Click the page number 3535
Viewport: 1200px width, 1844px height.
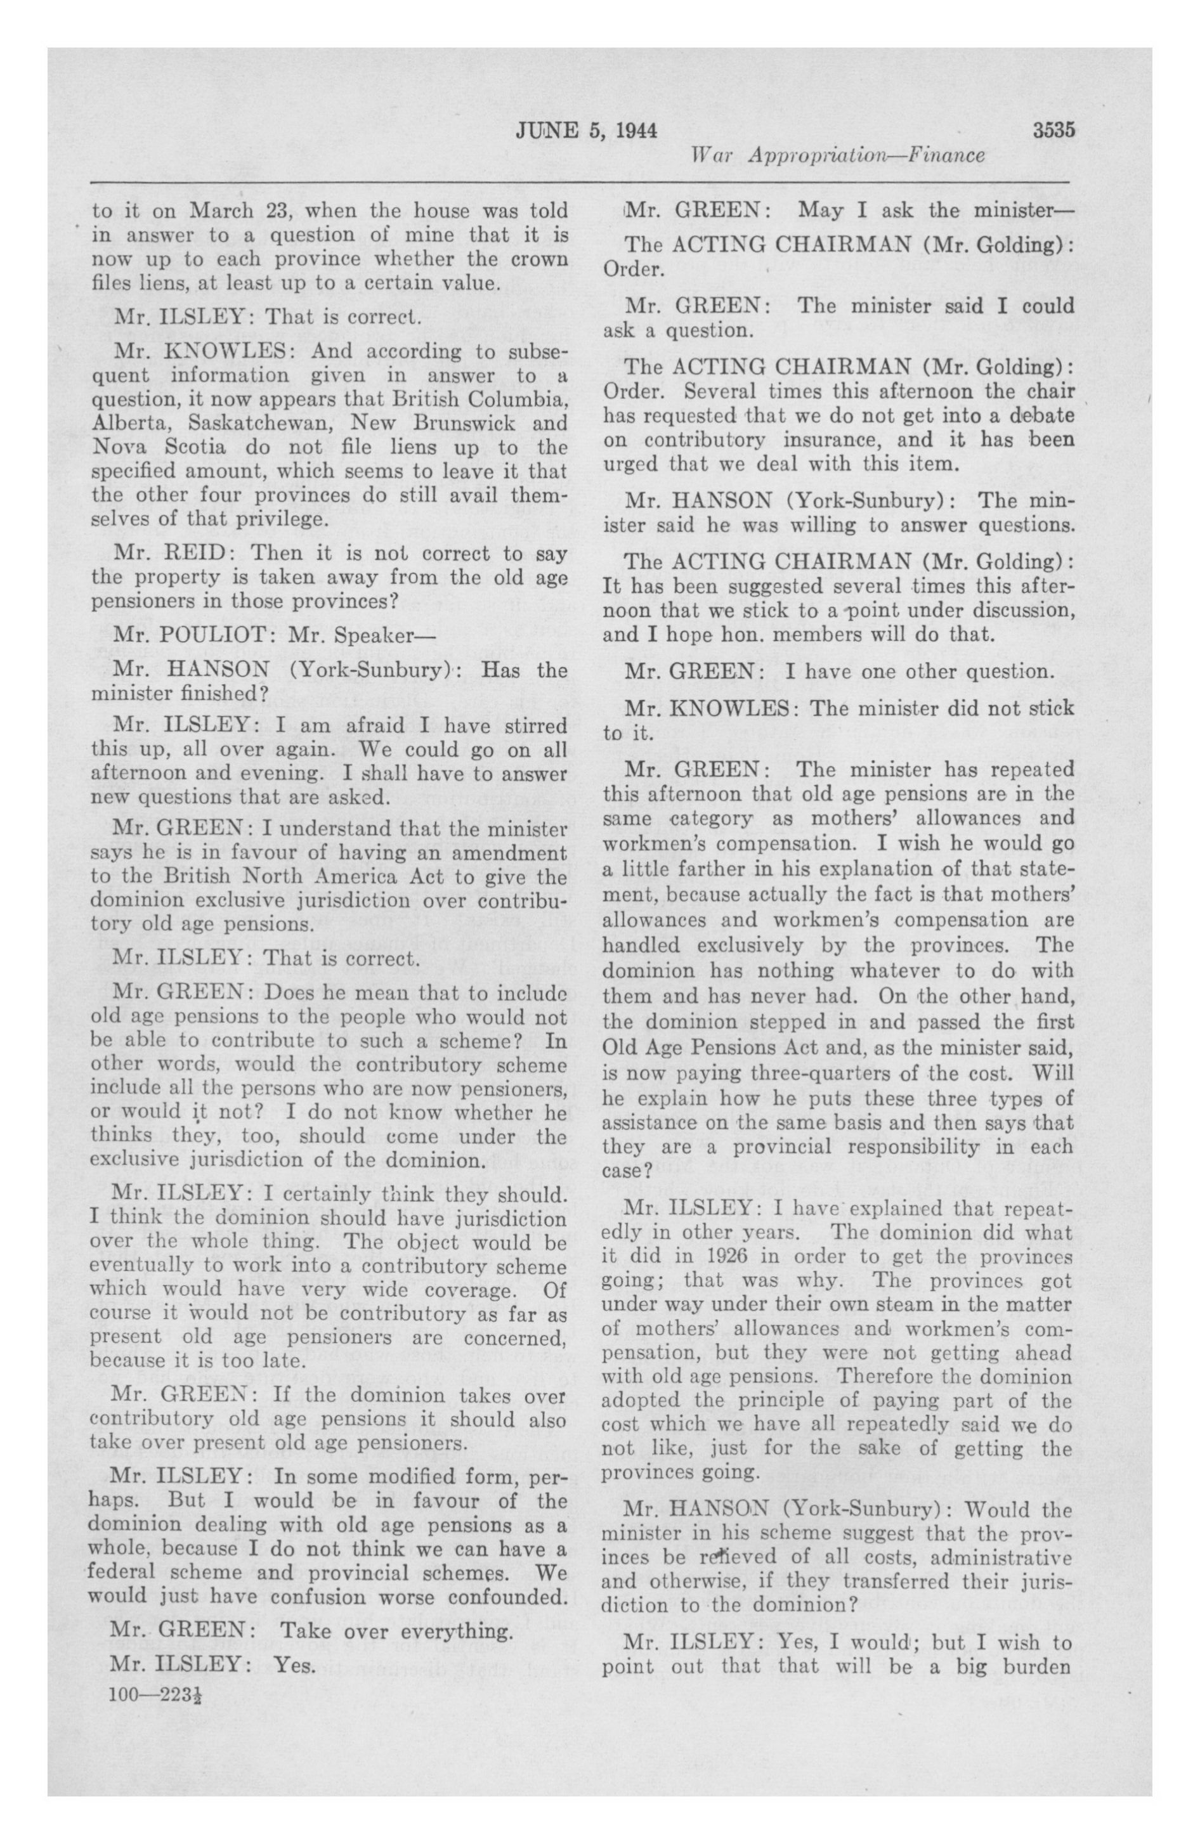(1053, 130)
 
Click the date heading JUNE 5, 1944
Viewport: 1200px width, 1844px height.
(586, 131)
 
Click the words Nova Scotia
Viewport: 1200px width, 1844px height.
(158, 448)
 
